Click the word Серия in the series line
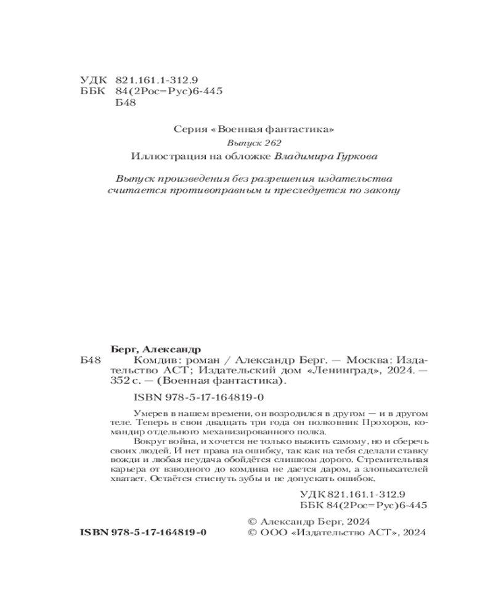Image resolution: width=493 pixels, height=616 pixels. pyautogui.click(x=188, y=129)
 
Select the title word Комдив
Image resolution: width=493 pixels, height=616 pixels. pyautogui.click(x=150, y=360)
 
